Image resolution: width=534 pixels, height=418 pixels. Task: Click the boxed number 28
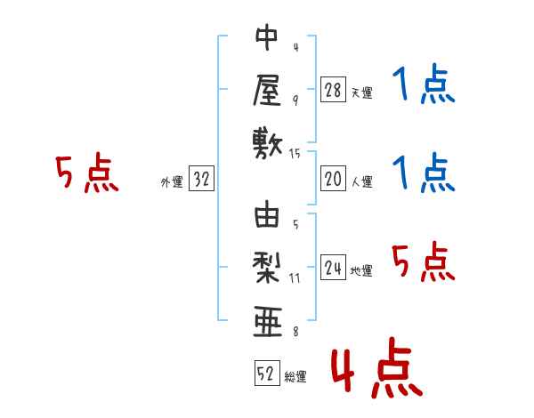[333, 89]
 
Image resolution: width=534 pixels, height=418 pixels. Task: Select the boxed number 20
[333, 180]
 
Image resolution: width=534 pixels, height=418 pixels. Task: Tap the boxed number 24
[333, 269]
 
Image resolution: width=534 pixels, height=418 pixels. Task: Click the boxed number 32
[201, 180]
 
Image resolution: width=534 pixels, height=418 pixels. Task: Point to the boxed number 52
[265, 374]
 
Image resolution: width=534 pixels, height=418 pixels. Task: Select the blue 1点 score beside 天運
[424, 85]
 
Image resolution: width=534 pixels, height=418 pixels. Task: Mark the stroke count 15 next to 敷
[295, 154]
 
